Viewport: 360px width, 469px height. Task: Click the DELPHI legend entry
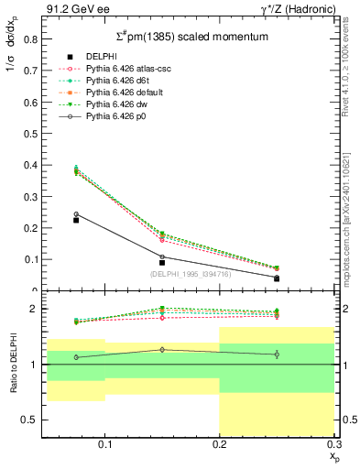click(x=100, y=57)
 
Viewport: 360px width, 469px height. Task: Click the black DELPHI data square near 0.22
click(x=76, y=220)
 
